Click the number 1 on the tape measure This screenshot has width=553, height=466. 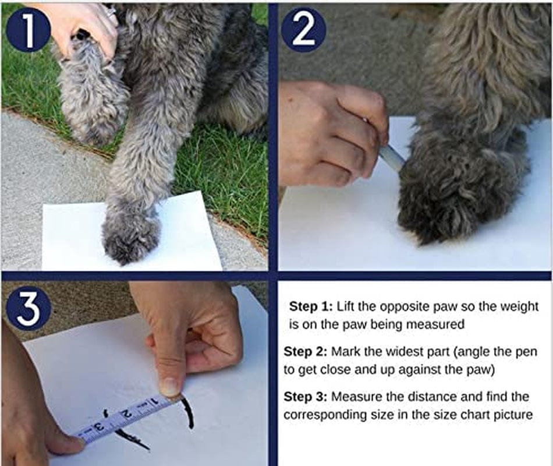tap(154, 402)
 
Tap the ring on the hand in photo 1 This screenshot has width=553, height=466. tap(111, 10)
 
